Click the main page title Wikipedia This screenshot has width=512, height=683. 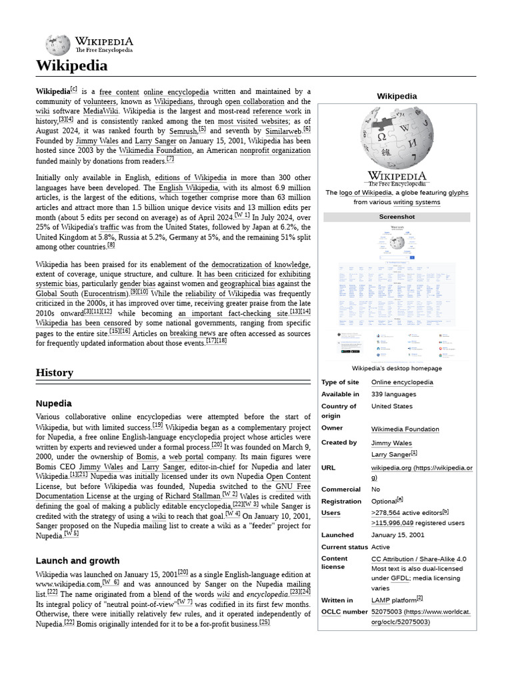(x=71, y=66)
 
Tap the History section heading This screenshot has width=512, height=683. (x=55, y=372)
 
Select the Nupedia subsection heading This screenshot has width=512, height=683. (x=54, y=404)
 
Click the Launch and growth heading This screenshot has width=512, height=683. (x=77, y=560)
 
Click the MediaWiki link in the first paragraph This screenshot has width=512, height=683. (x=101, y=111)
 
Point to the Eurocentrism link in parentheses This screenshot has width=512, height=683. (x=105, y=293)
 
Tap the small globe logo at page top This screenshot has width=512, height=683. (x=57, y=45)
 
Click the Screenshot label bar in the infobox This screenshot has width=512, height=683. (x=397, y=217)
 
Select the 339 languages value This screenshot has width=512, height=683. (x=394, y=394)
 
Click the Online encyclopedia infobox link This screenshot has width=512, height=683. (x=402, y=382)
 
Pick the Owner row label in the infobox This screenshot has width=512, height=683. (x=332, y=428)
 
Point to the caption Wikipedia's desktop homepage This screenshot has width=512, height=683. (x=397, y=368)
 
